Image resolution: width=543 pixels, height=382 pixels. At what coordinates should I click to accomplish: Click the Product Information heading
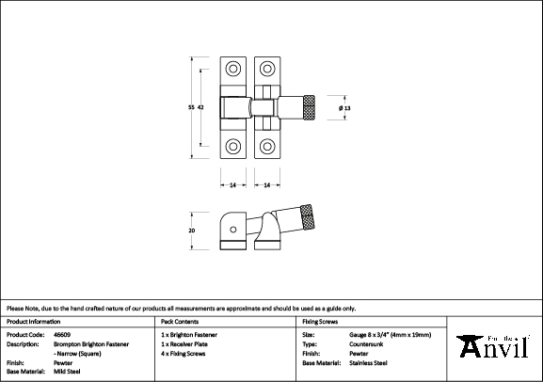pos(33,321)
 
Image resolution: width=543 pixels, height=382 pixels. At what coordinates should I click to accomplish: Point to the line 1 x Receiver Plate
pos(185,343)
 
